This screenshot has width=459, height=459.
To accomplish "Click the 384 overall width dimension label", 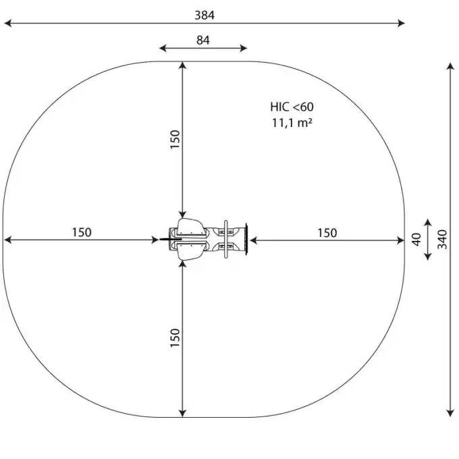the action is [205, 16].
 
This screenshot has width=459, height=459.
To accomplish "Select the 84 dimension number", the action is [203, 40].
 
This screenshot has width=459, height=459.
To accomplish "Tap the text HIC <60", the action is [292, 107].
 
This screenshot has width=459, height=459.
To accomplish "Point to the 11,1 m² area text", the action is [292, 123].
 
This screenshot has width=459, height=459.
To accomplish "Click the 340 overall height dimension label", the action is [442, 240].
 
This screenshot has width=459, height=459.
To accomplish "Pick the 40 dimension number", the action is [416, 240].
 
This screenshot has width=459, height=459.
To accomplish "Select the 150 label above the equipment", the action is [175, 139].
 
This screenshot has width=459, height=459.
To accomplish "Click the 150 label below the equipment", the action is [175, 338].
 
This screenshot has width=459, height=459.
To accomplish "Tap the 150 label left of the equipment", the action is [82, 232].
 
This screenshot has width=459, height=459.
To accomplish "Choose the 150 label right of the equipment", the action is [327, 233].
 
